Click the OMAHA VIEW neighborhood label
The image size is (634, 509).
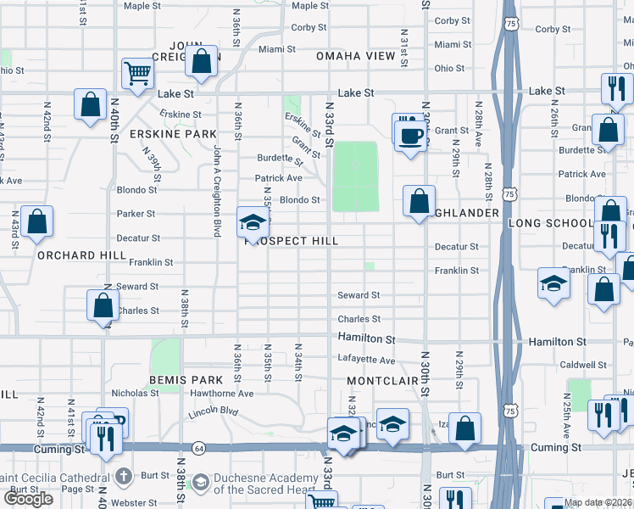pos(356,56)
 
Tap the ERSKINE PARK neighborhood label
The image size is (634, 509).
pos(162,134)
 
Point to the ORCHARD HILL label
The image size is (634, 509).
pos(70,255)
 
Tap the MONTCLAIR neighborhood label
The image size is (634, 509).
pos(383,381)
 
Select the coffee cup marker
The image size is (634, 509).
pos(411,135)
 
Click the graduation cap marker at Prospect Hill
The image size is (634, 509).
pos(253,222)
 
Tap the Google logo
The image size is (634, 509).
pos(28,499)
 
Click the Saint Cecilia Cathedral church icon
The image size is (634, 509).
pos(125,477)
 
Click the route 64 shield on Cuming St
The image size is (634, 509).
pos(199,447)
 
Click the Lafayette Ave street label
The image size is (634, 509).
pos(366,359)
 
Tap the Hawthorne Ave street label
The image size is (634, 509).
pos(222,394)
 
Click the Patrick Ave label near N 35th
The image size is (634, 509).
pos(279,178)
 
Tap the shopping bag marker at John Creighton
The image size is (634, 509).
pos(202,62)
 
